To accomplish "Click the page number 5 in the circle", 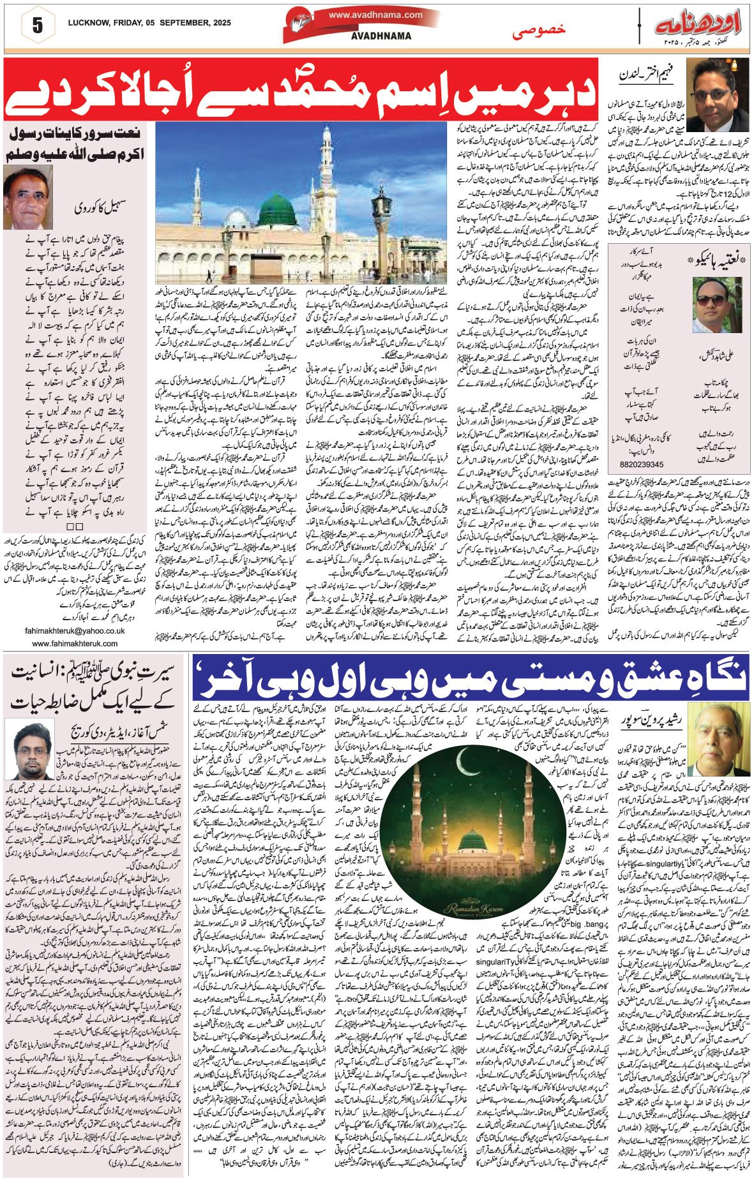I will coord(37,26).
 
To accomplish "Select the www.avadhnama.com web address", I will coord(375,15).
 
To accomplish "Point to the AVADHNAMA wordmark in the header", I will coord(381,36).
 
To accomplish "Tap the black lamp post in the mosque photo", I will coord(382,217).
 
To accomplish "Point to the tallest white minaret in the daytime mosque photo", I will coord(326,172).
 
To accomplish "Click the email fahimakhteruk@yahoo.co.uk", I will coord(75,630).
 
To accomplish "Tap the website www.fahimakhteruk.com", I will coord(75,644).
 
